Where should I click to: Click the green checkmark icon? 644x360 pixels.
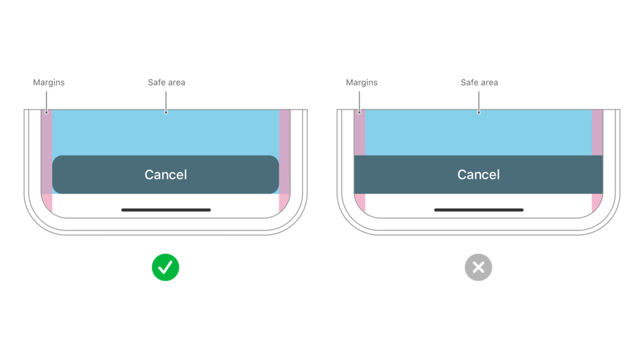pos(165,267)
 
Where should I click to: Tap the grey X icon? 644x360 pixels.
pos(479,267)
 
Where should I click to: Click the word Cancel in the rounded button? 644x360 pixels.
pos(165,175)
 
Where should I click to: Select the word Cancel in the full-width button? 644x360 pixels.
pos(479,175)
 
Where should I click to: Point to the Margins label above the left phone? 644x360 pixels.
pos(49,82)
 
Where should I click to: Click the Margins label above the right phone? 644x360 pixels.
pos(362,82)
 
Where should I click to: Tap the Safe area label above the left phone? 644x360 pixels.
pos(166,82)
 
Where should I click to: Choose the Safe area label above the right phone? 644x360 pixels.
pos(479,82)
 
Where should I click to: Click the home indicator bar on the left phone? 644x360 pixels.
pos(166,210)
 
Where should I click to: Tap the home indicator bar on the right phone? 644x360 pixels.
pos(479,210)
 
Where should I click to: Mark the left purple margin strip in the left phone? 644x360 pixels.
pos(47,152)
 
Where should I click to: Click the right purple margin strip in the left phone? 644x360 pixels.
pos(285,152)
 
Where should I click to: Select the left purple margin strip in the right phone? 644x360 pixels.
pos(360,132)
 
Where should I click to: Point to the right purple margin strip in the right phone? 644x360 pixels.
pos(597,132)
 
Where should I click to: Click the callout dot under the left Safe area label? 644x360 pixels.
pos(166,112)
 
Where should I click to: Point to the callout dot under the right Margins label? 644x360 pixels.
pos(359,112)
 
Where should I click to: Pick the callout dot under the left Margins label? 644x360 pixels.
pos(47,112)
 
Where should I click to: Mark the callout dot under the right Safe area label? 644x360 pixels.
pos(479,112)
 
